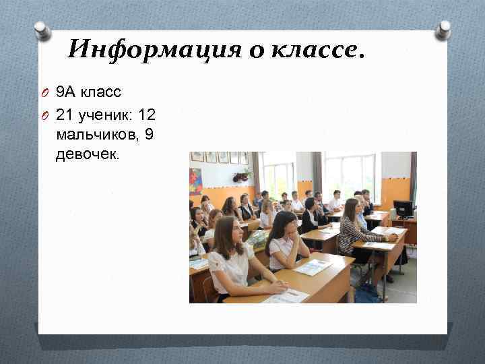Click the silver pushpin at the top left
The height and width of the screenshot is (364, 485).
[x=42, y=30]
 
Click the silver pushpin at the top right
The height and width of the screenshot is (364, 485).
[x=443, y=29]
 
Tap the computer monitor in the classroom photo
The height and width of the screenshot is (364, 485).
[x=403, y=208]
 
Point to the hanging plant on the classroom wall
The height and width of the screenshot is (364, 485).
[x=241, y=176]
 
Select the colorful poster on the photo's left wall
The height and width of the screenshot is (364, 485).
[x=195, y=181]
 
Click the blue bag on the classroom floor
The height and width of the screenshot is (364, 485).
[x=367, y=293]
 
